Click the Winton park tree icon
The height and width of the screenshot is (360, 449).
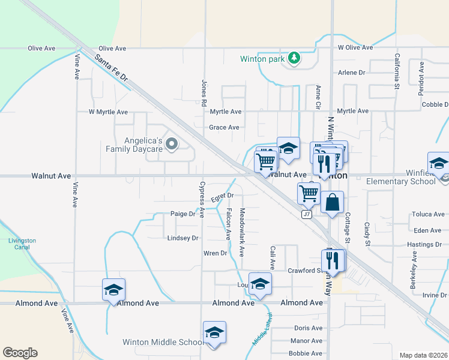click(x=294, y=58)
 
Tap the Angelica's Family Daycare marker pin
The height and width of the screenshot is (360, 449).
click(x=172, y=143)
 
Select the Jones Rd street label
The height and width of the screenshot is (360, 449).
click(x=204, y=88)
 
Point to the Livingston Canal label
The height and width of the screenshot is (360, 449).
click(x=22, y=244)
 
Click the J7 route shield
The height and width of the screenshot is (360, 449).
click(x=307, y=214)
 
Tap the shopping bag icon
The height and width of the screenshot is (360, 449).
click(x=332, y=203)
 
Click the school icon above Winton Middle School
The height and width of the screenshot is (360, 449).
click(x=214, y=332)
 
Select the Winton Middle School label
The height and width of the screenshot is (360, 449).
click(x=163, y=343)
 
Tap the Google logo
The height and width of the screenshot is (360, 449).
click(x=20, y=353)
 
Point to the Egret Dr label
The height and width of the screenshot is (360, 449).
click(x=222, y=196)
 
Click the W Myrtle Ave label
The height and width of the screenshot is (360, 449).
click(x=108, y=112)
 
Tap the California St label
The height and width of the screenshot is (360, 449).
click(x=397, y=71)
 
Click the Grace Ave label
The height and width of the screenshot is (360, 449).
click(x=224, y=127)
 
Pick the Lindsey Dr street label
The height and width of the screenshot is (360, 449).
click(x=182, y=238)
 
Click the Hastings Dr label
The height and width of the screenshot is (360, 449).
click(x=424, y=245)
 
